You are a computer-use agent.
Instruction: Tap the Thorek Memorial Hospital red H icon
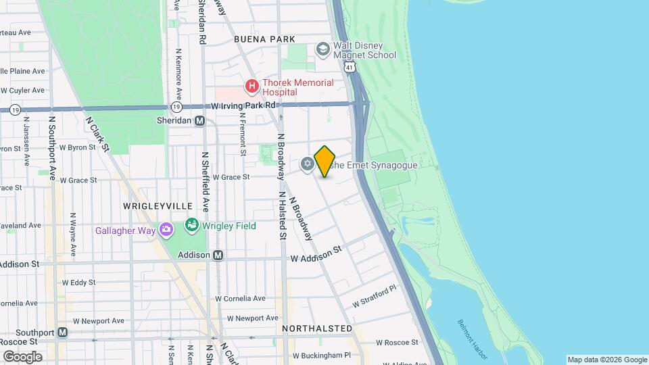(252, 87)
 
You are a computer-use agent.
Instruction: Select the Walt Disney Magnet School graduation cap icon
(322, 49)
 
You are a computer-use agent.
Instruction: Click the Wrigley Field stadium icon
(192, 225)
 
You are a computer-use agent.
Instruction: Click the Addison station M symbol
(218, 255)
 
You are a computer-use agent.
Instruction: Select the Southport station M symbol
(63, 333)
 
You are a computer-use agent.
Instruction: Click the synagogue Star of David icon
(307, 164)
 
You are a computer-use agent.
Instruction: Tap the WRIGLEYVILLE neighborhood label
(158, 205)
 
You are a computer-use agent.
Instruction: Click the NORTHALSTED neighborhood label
(317, 328)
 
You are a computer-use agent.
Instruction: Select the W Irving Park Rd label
(244, 105)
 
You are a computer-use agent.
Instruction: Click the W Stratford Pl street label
(373, 297)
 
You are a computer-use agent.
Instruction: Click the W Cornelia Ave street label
(241, 298)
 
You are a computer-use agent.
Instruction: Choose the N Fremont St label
(241, 133)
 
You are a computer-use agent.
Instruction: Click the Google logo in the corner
(23, 357)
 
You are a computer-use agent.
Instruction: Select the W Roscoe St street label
(398, 343)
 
